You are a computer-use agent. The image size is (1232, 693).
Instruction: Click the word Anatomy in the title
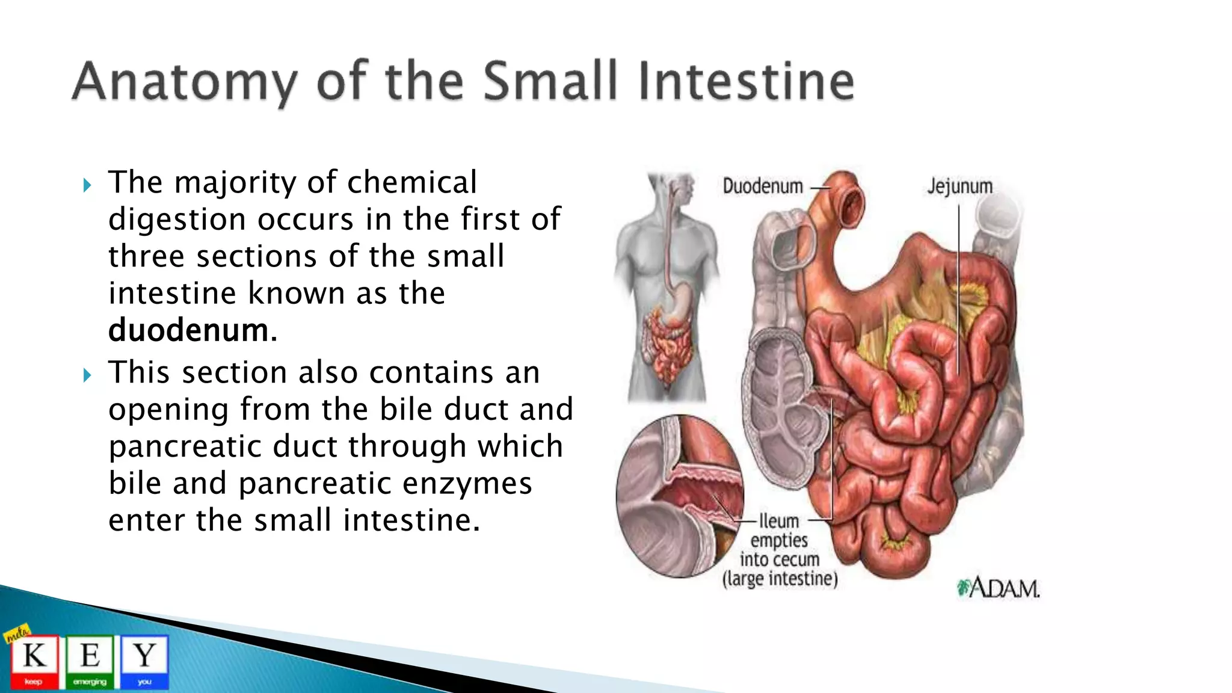[x=185, y=82]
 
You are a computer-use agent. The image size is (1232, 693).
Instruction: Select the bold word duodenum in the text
[x=188, y=330]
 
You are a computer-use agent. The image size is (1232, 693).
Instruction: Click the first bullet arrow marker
[x=87, y=185]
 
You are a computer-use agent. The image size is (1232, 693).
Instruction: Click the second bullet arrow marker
[x=87, y=375]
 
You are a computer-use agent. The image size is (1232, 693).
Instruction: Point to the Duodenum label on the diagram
[x=762, y=186]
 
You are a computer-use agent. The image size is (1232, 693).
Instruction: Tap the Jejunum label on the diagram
[x=959, y=186]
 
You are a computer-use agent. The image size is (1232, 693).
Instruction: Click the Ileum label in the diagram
[x=778, y=520]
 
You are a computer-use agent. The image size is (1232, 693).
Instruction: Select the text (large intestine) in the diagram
[x=780, y=579]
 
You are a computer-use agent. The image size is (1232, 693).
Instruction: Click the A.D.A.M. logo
[x=999, y=588]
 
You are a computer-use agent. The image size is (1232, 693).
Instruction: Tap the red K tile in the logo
[x=34, y=662]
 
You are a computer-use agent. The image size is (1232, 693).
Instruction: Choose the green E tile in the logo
[x=90, y=662]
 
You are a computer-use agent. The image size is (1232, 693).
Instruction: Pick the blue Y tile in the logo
[x=144, y=662]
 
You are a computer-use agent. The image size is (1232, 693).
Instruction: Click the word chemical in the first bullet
[x=412, y=182]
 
